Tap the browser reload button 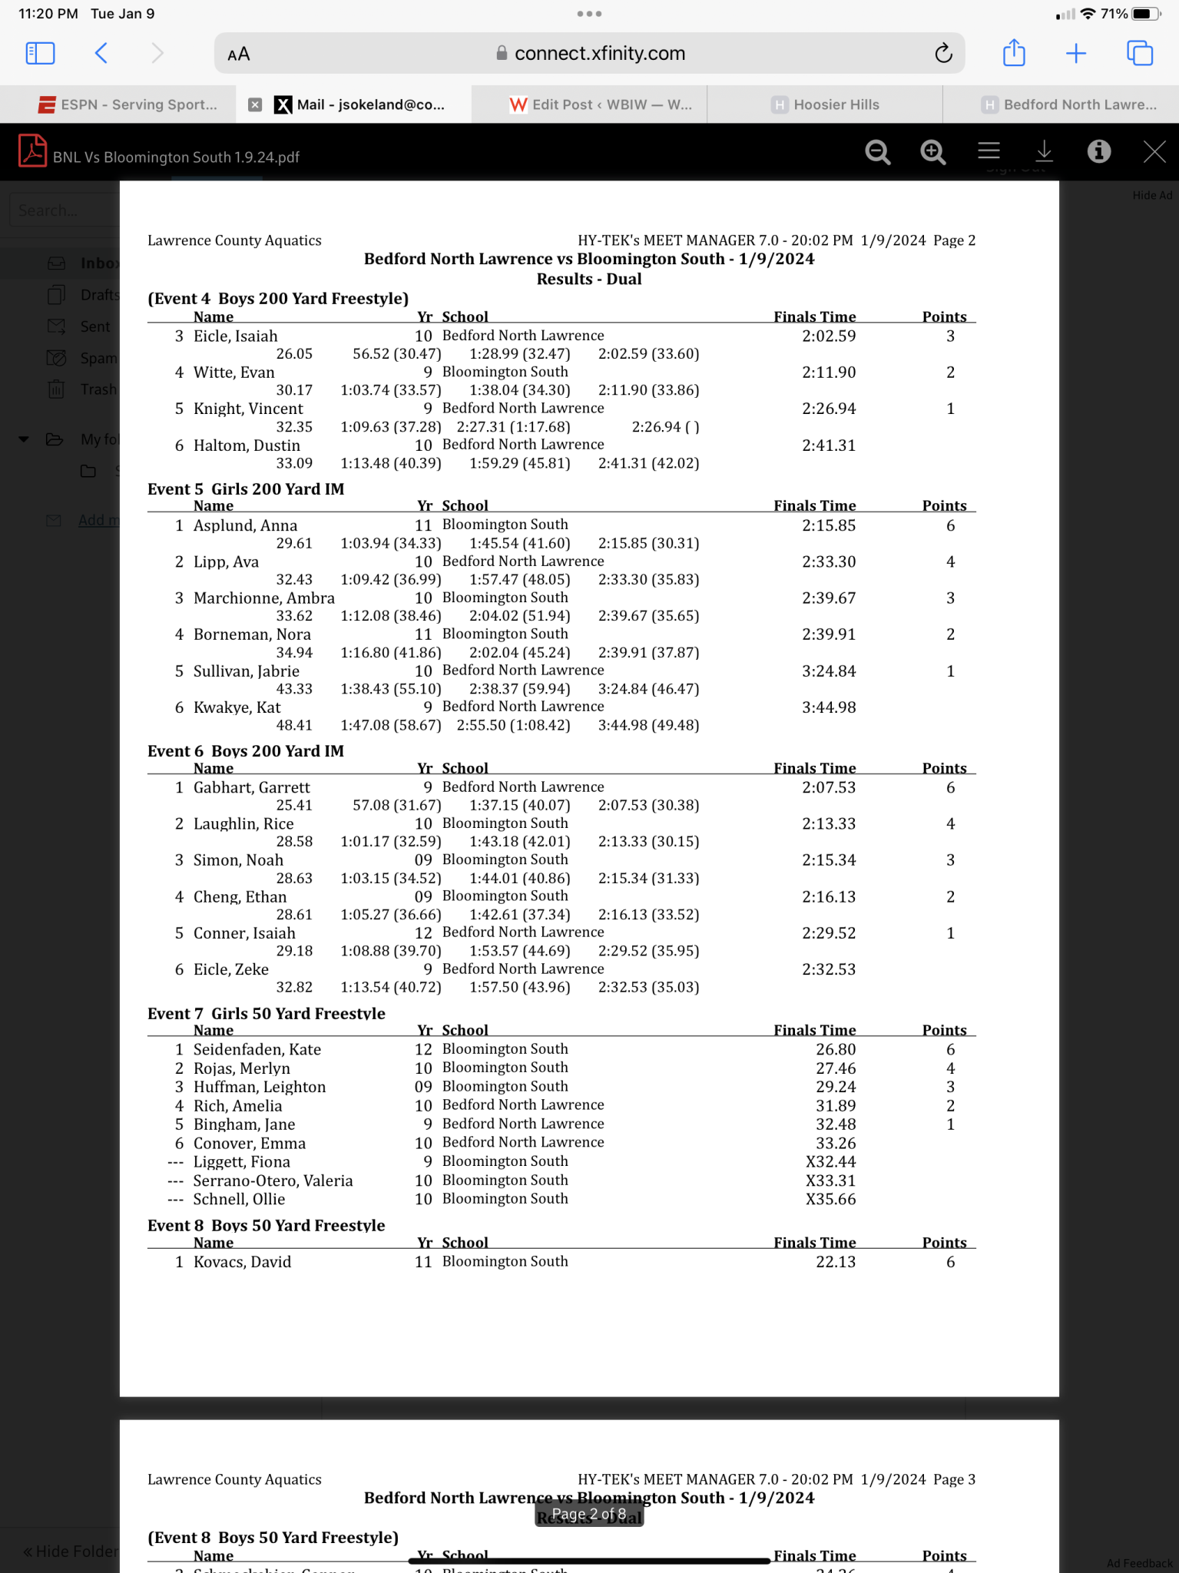tap(943, 54)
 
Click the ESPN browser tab tap(128, 104)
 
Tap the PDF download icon tap(1044, 151)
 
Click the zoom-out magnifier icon tap(877, 152)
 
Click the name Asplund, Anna tap(245, 525)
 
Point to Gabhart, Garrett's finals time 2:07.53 tap(828, 787)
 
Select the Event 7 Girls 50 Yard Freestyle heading tap(266, 1013)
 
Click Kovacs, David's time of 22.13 tap(835, 1262)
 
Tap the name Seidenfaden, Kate tap(257, 1049)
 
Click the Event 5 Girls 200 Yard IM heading tap(245, 489)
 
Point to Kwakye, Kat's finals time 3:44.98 tap(828, 707)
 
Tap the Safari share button tap(1014, 53)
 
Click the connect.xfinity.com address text tap(599, 54)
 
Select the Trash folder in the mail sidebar tap(98, 389)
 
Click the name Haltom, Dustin tap(247, 445)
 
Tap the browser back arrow tap(101, 53)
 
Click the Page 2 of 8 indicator tap(588, 1514)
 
